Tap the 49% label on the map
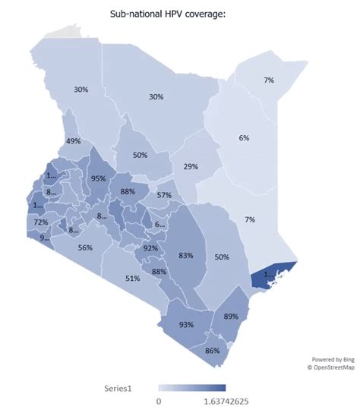[x=74, y=141]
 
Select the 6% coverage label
[x=243, y=137]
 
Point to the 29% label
[x=191, y=166]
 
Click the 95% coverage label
[x=98, y=178]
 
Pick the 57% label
[x=164, y=195]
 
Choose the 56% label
[x=85, y=247]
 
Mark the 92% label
[x=150, y=248]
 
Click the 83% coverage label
[x=185, y=255]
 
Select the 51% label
[x=132, y=279]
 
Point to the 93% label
[x=185, y=324]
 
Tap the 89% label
[x=232, y=315]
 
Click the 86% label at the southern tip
[x=212, y=350]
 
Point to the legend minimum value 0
[x=159, y=401]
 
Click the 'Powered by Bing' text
[x=333, y=359]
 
